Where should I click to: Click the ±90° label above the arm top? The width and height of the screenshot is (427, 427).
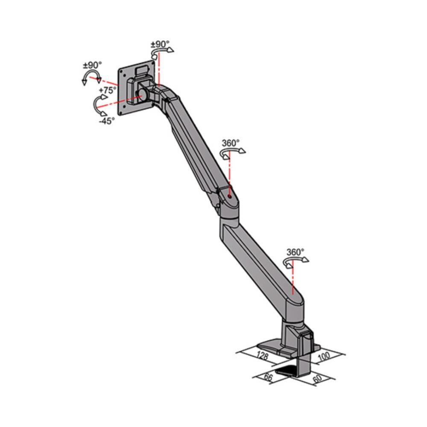coord(160,44)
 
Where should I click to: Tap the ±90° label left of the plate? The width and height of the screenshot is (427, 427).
coord(92,65)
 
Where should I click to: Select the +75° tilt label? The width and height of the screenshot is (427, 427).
coord(107,91)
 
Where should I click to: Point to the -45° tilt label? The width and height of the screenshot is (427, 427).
coord(107,121)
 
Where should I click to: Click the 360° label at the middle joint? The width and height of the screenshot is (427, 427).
coord(231,143)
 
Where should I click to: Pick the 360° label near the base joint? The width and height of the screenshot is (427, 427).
coord(295,252)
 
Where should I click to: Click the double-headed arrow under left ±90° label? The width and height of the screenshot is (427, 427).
coord(91,78)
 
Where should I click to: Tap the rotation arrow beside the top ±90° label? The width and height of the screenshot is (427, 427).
coord(163,52)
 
